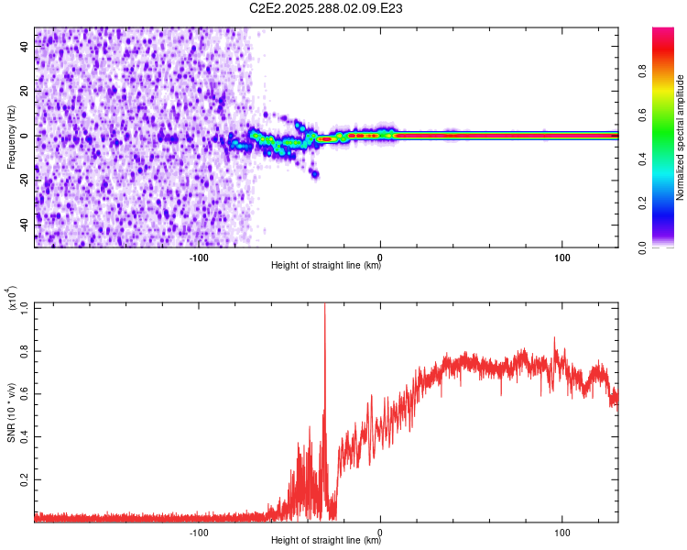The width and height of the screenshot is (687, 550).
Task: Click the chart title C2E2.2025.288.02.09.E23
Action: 327,8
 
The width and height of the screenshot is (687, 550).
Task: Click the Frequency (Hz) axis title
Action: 11,137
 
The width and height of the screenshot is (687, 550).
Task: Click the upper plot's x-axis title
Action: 326,266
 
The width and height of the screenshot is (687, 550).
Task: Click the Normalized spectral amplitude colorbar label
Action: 680,137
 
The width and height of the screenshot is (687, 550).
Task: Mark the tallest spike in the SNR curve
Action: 324,305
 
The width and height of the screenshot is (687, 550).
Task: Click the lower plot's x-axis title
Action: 326,541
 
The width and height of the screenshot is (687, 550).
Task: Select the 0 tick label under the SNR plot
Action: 380,530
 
